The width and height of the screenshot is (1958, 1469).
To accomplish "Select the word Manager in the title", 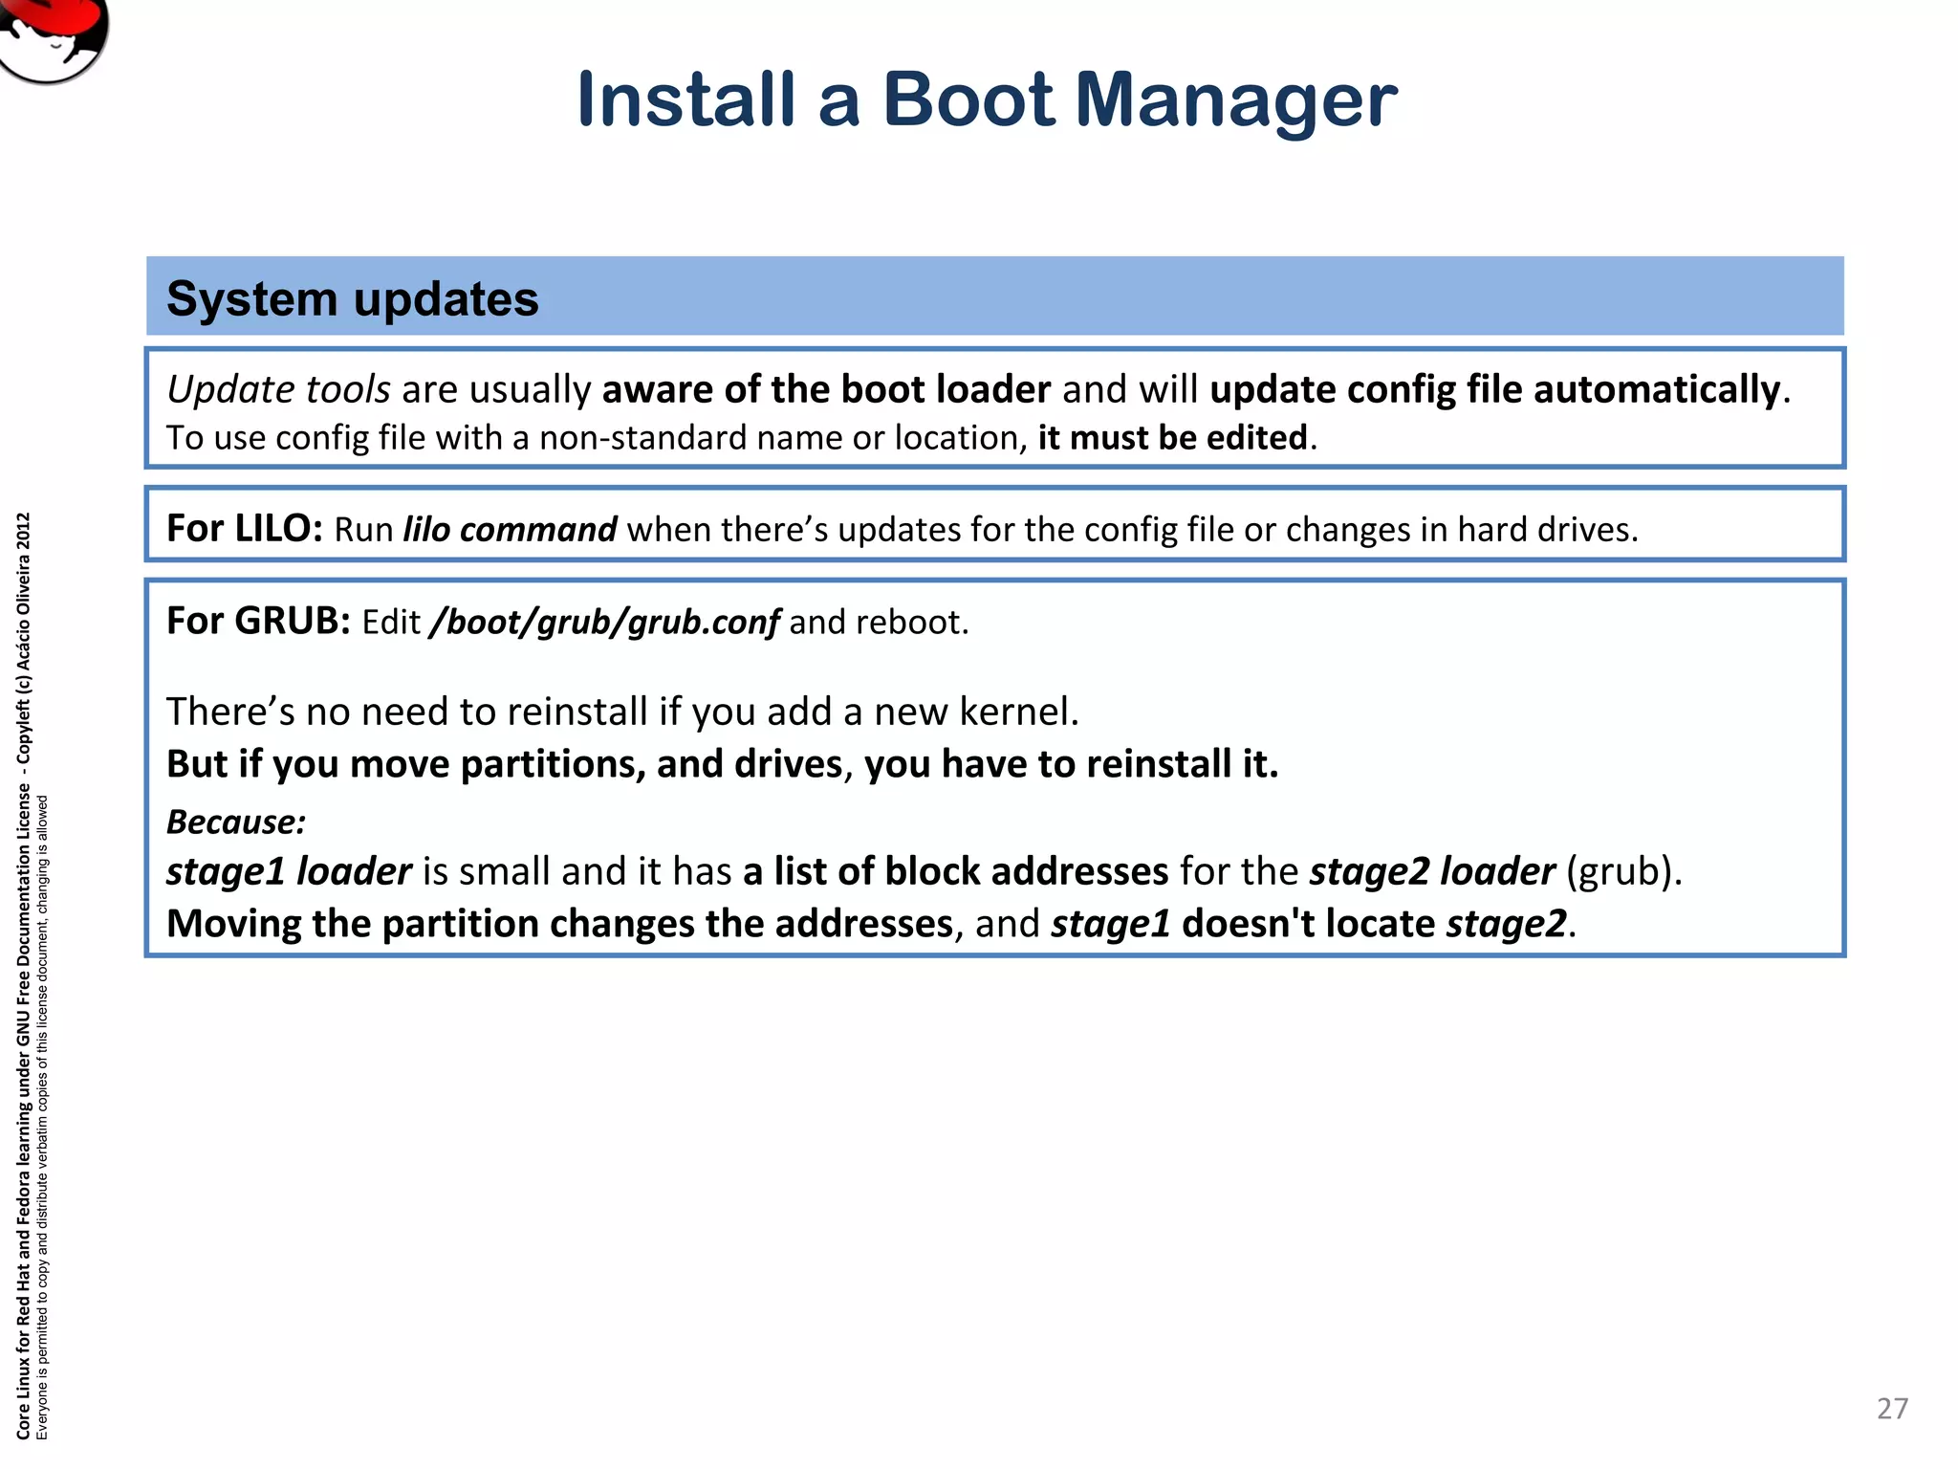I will tap(1236, 101).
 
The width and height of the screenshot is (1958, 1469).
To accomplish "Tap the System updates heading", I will tap(352, 298).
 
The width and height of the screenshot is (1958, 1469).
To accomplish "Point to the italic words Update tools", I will tap(278, 390).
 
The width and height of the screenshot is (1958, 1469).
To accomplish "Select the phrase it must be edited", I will tap(1172, 438).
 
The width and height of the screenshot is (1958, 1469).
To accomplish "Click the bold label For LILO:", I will tap(245, 529).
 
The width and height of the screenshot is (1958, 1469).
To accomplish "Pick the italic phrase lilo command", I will tap(510, 530).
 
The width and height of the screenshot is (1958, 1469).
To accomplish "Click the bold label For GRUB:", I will tap(259, 622).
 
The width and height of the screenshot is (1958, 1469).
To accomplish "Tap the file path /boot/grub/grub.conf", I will tap(605, 623).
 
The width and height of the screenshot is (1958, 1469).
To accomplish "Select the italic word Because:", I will tap(236, 822).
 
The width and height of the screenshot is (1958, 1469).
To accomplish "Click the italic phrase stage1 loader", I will tap(289, 871).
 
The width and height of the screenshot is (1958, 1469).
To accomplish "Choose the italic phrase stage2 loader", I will tap(1432, 871).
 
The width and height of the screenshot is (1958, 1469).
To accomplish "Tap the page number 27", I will tap(1892, 1409).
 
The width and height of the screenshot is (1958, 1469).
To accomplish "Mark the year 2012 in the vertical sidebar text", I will tap(24, 532).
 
